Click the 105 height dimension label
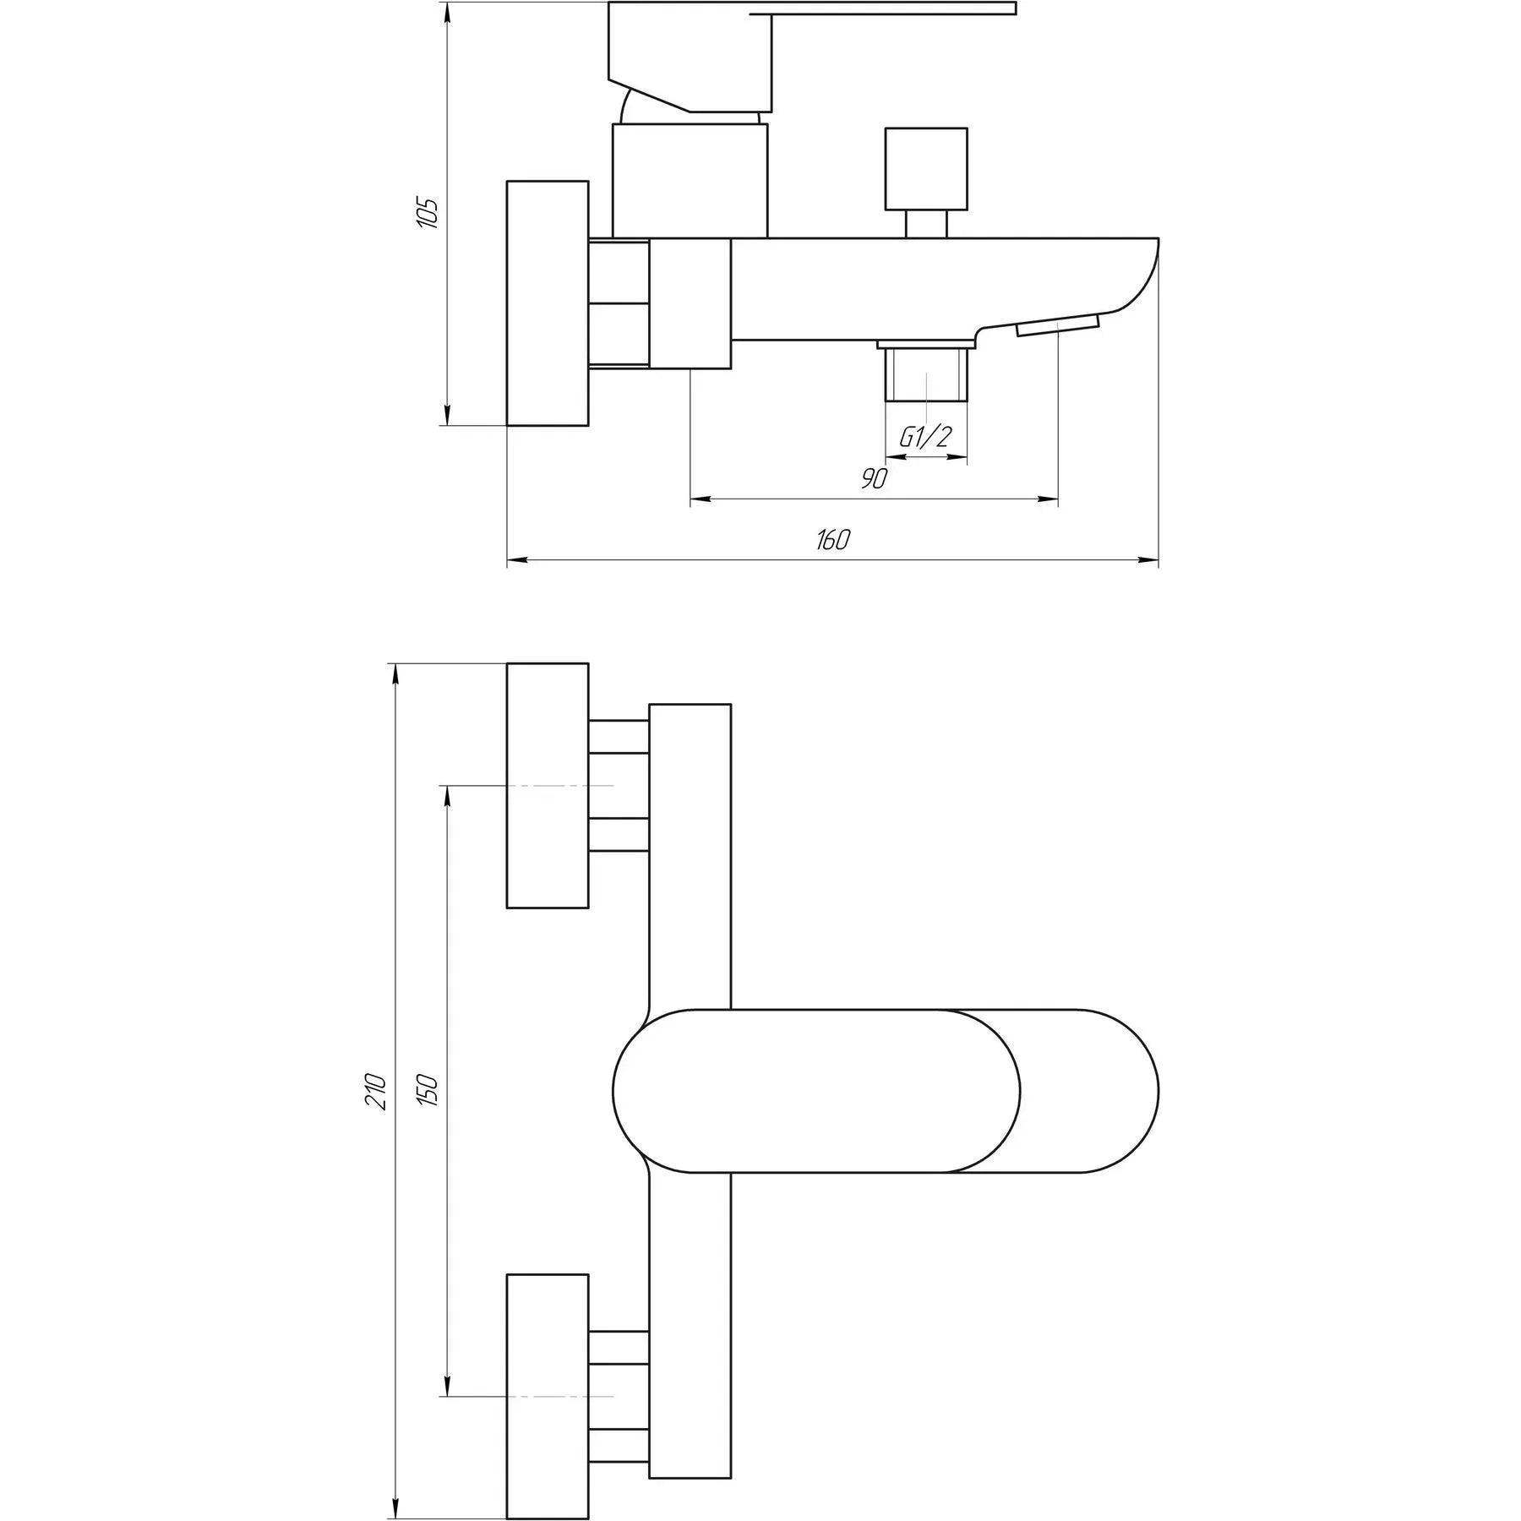click(x=428, y=213)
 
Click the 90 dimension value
click(x=875, y=478)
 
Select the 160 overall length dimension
click(x=832, y=539)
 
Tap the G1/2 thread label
click(x=924, y=437)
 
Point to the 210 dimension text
click(x=377, y=1092)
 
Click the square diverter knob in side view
click(x=926, y=169)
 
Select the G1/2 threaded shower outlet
click(x=926, y=372)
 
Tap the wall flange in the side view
click(x=548, y=303)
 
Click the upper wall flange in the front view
click(x=548, y=786)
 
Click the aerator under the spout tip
click(x=1058, y=325)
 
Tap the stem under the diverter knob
click(x=926, y=224)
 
